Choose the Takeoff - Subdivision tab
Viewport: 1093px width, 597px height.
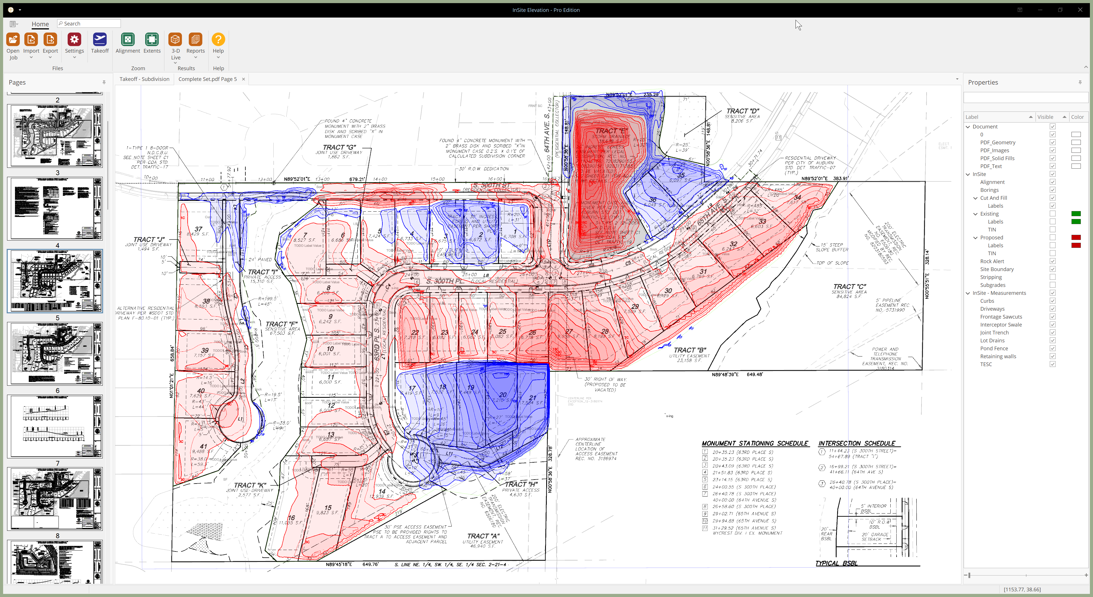[x=144, y=79]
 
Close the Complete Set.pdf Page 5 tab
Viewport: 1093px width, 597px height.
[x=244, y=79]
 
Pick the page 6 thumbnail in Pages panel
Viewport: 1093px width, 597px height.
[x=55, y=426]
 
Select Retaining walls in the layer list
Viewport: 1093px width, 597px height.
[x=998, y=357]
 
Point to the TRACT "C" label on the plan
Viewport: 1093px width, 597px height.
[x=849, y=287]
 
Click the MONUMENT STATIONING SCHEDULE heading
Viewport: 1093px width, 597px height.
[x=755, y=443]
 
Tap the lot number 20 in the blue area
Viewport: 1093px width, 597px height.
[x=503, y=395]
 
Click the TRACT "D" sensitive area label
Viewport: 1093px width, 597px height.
[x=743, y=111]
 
